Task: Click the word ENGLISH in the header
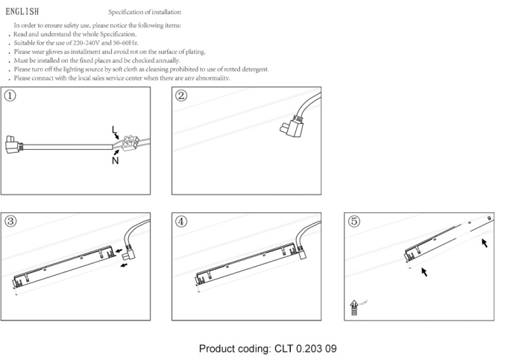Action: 22,12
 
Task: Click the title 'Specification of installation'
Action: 145,13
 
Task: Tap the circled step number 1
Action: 10,96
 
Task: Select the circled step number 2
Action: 181,96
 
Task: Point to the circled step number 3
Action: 10,221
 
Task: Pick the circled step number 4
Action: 181,221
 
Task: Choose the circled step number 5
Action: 354,221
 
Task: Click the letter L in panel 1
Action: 113,130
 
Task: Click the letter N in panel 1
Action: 115,161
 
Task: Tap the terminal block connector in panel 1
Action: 130,143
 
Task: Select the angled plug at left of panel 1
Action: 13,145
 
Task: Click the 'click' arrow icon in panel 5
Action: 353,308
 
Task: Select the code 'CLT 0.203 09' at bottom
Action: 305,349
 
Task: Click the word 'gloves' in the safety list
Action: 54,52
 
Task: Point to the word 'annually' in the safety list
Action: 167,60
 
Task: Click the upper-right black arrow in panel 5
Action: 485,243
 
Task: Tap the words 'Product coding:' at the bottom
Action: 236,349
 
